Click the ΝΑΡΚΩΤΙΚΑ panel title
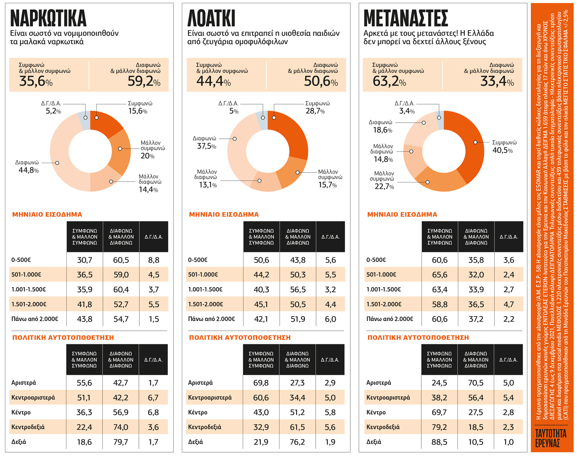pyautogui.click(x=48, y=18)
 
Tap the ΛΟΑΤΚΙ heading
pyautogui.click(x=211, y=18)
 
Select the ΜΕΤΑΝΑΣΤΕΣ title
pyautogui.click(x=406, y=18)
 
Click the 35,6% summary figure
pyautogui.click(x=36, y=81)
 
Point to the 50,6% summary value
pyautogui.click(x=321, y=81)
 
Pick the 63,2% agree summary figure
pyautogui.click(x=389, y=81)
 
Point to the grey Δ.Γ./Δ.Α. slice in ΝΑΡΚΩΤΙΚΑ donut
pyautogui.click(x=84, y=121)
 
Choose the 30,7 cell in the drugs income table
pyautogui.click(x=84, y=260)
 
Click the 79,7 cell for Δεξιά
pyautogui.click(x=121, y=442)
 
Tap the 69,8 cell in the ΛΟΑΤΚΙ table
pyautogui.click(x=261, y=383)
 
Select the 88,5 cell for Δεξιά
pyautogui.click(x=439, y=442)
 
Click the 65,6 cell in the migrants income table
pyautogui.click(x=440, y=275)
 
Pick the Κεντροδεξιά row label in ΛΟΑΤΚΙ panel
pyautogui.click(x=204, y=427)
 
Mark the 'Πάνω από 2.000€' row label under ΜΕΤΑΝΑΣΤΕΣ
pyautogui.click(x=389, y=319)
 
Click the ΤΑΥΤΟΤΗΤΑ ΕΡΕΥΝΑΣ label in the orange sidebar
pyautogui.click(x=551, y=438)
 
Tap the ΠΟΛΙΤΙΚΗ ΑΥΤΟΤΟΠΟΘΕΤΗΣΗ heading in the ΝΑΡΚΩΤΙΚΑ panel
pyautogui.click(x=63, y=337)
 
